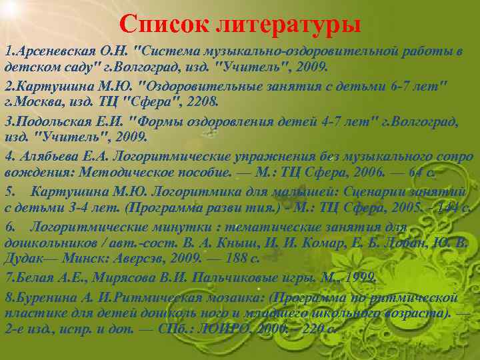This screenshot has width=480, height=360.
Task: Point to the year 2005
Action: [x=389, y=207]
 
